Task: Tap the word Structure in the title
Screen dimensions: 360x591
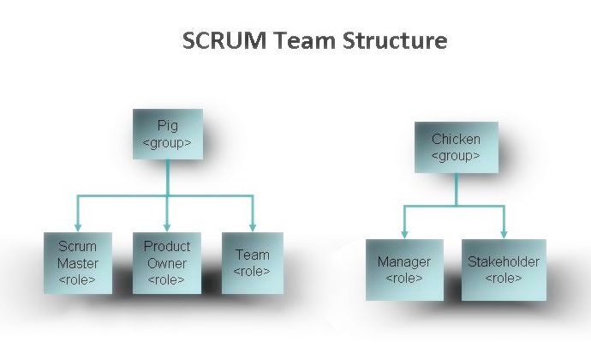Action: [x=397, y=41]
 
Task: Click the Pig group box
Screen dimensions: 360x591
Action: [x=168, y=134]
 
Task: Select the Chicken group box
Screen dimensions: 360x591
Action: [x=456, y=147]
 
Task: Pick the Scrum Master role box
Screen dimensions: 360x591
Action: [x=78, y=262]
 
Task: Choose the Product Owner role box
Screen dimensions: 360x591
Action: [x=167, y=262]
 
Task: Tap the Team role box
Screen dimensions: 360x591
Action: [x=252, y=262]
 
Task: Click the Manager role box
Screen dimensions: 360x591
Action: [x=404, y=269]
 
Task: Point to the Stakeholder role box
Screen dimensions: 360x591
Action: [x=504, y=269]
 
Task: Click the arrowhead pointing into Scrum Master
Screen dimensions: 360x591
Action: [x=78, y=225]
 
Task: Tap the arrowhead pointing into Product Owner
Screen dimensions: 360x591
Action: [x=168, y=225]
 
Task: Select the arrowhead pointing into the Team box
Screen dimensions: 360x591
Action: [x=253, y=225]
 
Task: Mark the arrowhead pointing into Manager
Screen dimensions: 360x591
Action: [x=405, y=233]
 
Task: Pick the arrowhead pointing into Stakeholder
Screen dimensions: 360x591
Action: [x=504, y=233]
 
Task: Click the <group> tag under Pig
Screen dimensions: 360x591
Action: [x=167, y=142]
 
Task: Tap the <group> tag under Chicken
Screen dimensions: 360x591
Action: [x=456, y=156]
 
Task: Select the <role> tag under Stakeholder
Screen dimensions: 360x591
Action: [x=504, y=279]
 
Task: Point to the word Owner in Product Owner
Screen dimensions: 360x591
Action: [x=167, y=263]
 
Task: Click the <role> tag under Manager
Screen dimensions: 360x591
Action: [x=404, y=279]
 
